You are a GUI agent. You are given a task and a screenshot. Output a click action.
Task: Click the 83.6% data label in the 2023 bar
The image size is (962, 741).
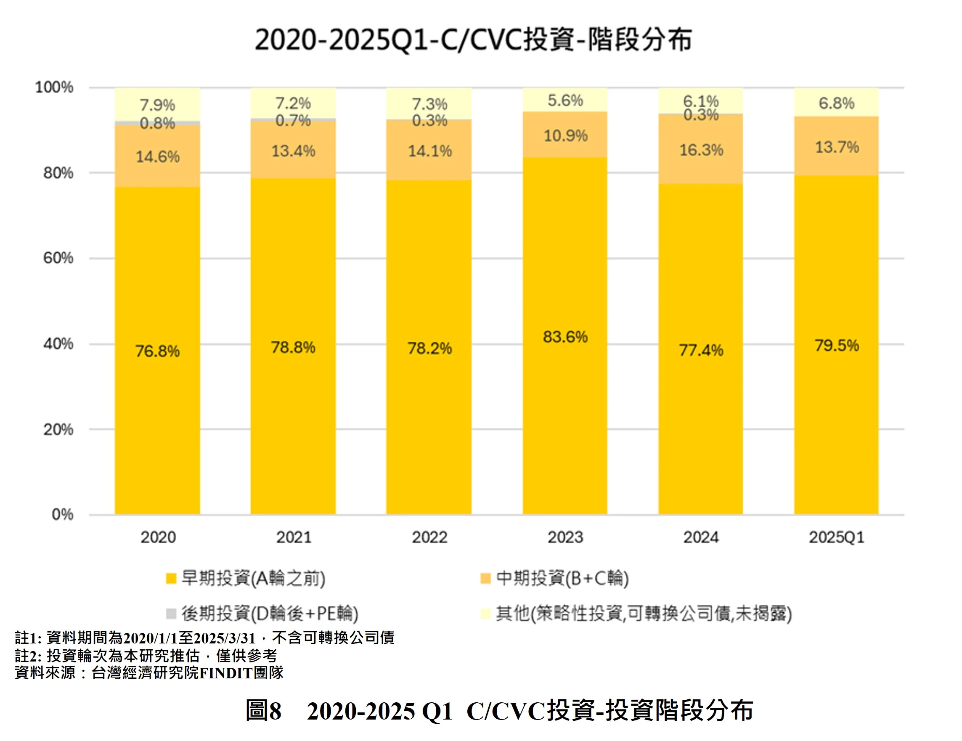pyautogui.click(x=565, y=337)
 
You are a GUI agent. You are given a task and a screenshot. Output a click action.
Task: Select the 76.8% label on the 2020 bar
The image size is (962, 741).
pyautogui.click(x=157, y=351)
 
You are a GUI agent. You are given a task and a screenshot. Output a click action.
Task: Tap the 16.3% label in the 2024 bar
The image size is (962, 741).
pyautogui.click(x=701, y=150)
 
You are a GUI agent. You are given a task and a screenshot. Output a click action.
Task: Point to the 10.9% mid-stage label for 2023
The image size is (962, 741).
pyautogui.click(x=566, y=135)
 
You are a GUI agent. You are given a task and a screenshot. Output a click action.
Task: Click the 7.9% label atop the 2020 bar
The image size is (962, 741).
pyautogui.click(x=157, y=105)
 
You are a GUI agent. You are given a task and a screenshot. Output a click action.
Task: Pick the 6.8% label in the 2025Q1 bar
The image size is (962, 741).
pyautogui.click(x=837, y=103)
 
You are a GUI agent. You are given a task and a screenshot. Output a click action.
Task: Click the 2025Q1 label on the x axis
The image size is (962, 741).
pyautogui.click(x=837, y=537)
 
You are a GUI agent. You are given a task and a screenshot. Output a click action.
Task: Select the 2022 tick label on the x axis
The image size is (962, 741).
pyautogui.click(x=429, y=537)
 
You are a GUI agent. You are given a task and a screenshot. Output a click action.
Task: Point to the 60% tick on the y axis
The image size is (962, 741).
pyautogui.click(x=58, y=258)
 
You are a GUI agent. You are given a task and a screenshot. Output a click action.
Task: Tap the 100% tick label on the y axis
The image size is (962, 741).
pyautogui.click(x=54, y=87)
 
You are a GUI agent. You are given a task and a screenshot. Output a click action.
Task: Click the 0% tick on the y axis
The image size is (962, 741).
pyautogui.click(x=63, y=514)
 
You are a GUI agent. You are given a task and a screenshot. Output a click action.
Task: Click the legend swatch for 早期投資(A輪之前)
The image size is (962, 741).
pyautogui.click(x=171, y=578)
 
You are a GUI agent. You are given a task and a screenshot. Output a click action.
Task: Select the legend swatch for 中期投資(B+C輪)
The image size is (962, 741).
pyautogui.click(x=485, y=578)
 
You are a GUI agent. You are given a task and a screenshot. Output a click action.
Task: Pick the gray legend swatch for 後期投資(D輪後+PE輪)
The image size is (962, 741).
pyautogui.click(x=171, y=613)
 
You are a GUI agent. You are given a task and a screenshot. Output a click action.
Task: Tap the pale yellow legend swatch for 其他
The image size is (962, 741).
pyautogui.click(x=485, y=613)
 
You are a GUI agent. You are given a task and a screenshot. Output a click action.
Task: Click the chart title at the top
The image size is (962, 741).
pyautogui.click(x=474, y=40)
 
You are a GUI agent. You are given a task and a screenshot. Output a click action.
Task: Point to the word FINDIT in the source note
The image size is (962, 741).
pyautogui.click(x=225, y=673)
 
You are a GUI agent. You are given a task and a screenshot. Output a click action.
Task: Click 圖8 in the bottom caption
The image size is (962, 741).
pyautogui.click(x=263, y=711)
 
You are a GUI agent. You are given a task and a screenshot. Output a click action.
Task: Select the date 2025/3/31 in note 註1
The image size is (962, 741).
pyautogui.click(x=225, y=638)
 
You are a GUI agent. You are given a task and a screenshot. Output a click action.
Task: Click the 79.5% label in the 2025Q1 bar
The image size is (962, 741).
pyautogui.click(x=837, y=346)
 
